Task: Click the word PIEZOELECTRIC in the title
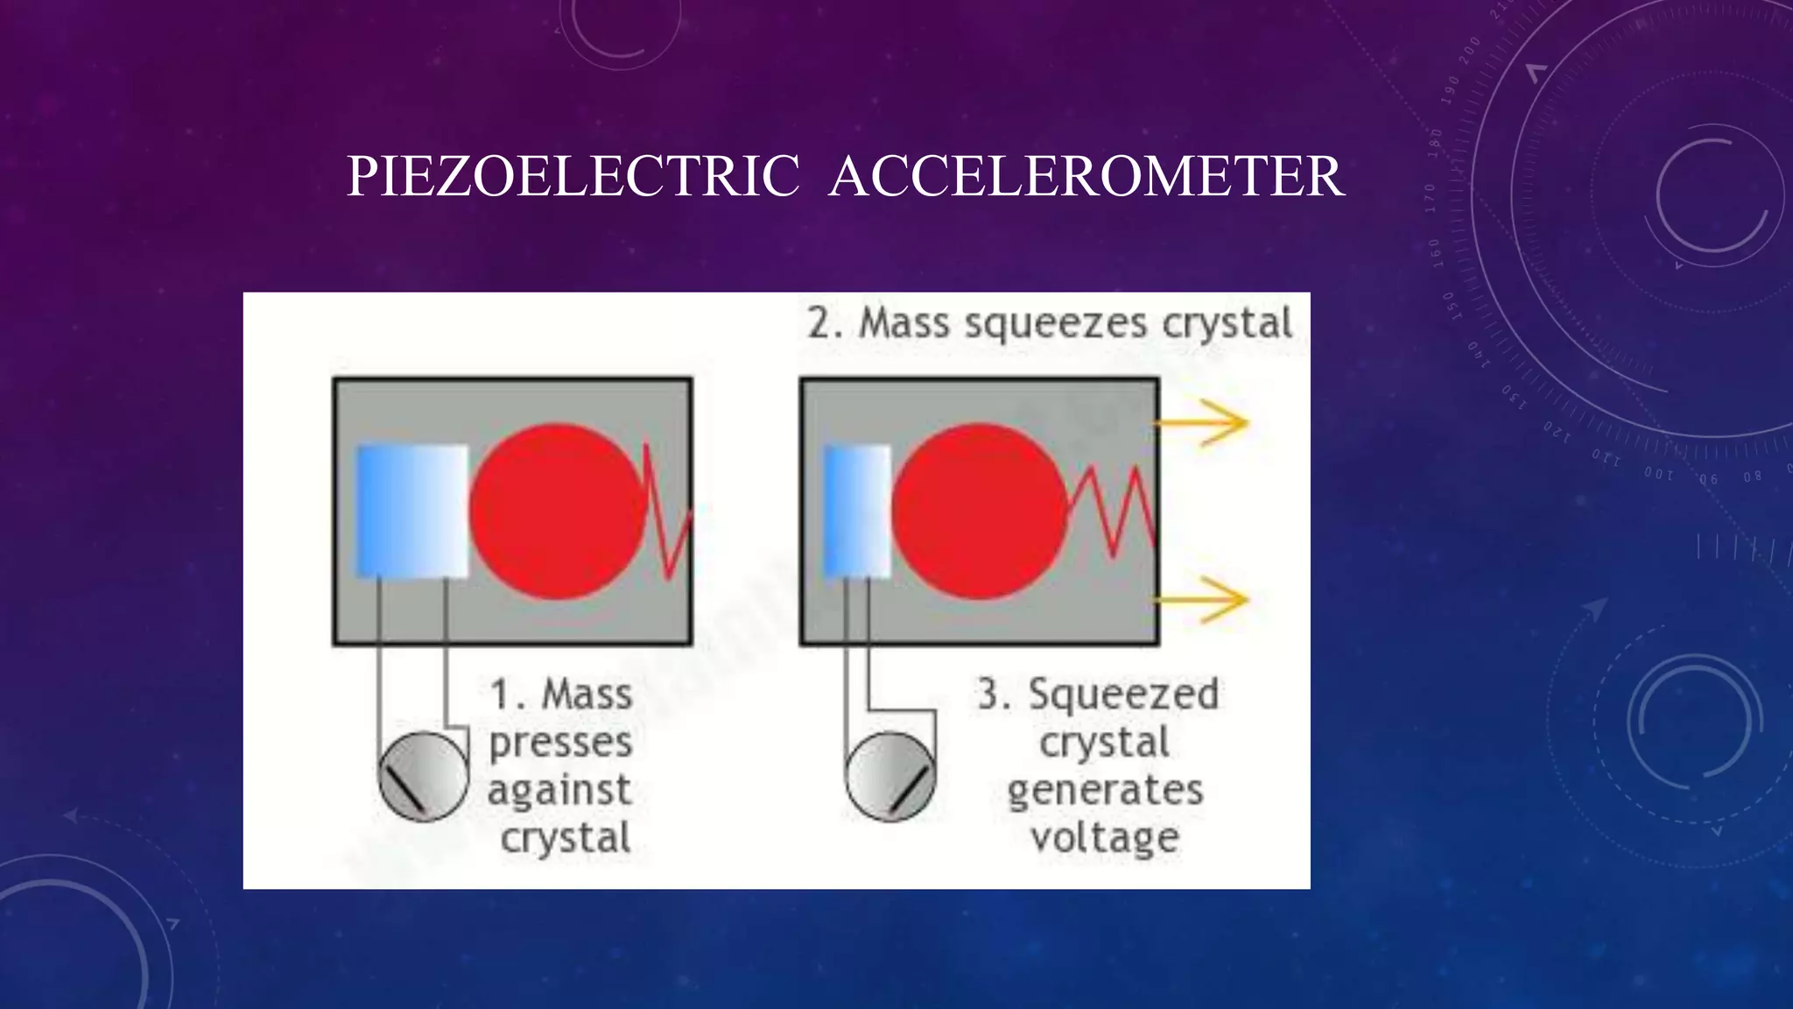point(573,176)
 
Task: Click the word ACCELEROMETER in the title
point(1086,176)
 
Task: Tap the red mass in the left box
point(557,512)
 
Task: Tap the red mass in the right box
point(980,512)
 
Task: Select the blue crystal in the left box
point(411,512)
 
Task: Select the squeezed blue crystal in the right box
point(857,512)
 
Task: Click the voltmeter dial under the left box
point(423,777)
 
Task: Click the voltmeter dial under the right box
point(890,777)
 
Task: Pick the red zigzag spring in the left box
point(668,512)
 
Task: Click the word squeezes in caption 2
point(1055,324)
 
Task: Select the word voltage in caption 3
point(1105,838)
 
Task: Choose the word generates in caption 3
point(1105,791)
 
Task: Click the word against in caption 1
point(559,791)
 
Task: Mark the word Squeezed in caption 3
point(1123,695)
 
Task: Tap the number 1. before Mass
point(508,695)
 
